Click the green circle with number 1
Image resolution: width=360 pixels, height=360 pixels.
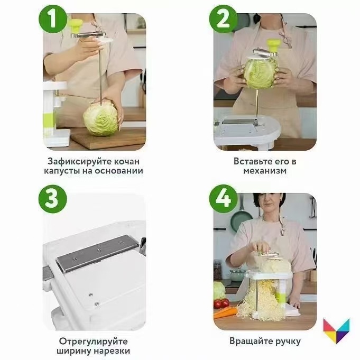pos(53,19)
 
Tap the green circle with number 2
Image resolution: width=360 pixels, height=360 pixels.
pos(223,19)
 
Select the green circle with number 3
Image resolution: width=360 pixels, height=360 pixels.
pos(53,199)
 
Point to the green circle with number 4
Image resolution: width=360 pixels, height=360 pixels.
pos(223,199)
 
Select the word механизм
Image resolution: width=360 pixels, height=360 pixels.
pos(265,171)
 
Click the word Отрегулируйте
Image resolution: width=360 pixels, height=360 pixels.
pos(93,341)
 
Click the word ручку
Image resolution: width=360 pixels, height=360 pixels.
pos(286,341)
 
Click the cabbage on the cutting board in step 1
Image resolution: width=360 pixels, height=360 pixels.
pos(101,119)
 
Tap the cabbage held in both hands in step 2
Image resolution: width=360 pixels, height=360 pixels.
pos(261,73)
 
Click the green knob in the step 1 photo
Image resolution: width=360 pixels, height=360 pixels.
pos(76,26)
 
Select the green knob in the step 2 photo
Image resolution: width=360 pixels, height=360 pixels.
pos(273,46)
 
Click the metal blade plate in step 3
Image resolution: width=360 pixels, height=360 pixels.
pos(98,253)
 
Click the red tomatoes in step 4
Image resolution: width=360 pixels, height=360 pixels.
pos(221,303)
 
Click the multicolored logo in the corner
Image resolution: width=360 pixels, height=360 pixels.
pos(336,330)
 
